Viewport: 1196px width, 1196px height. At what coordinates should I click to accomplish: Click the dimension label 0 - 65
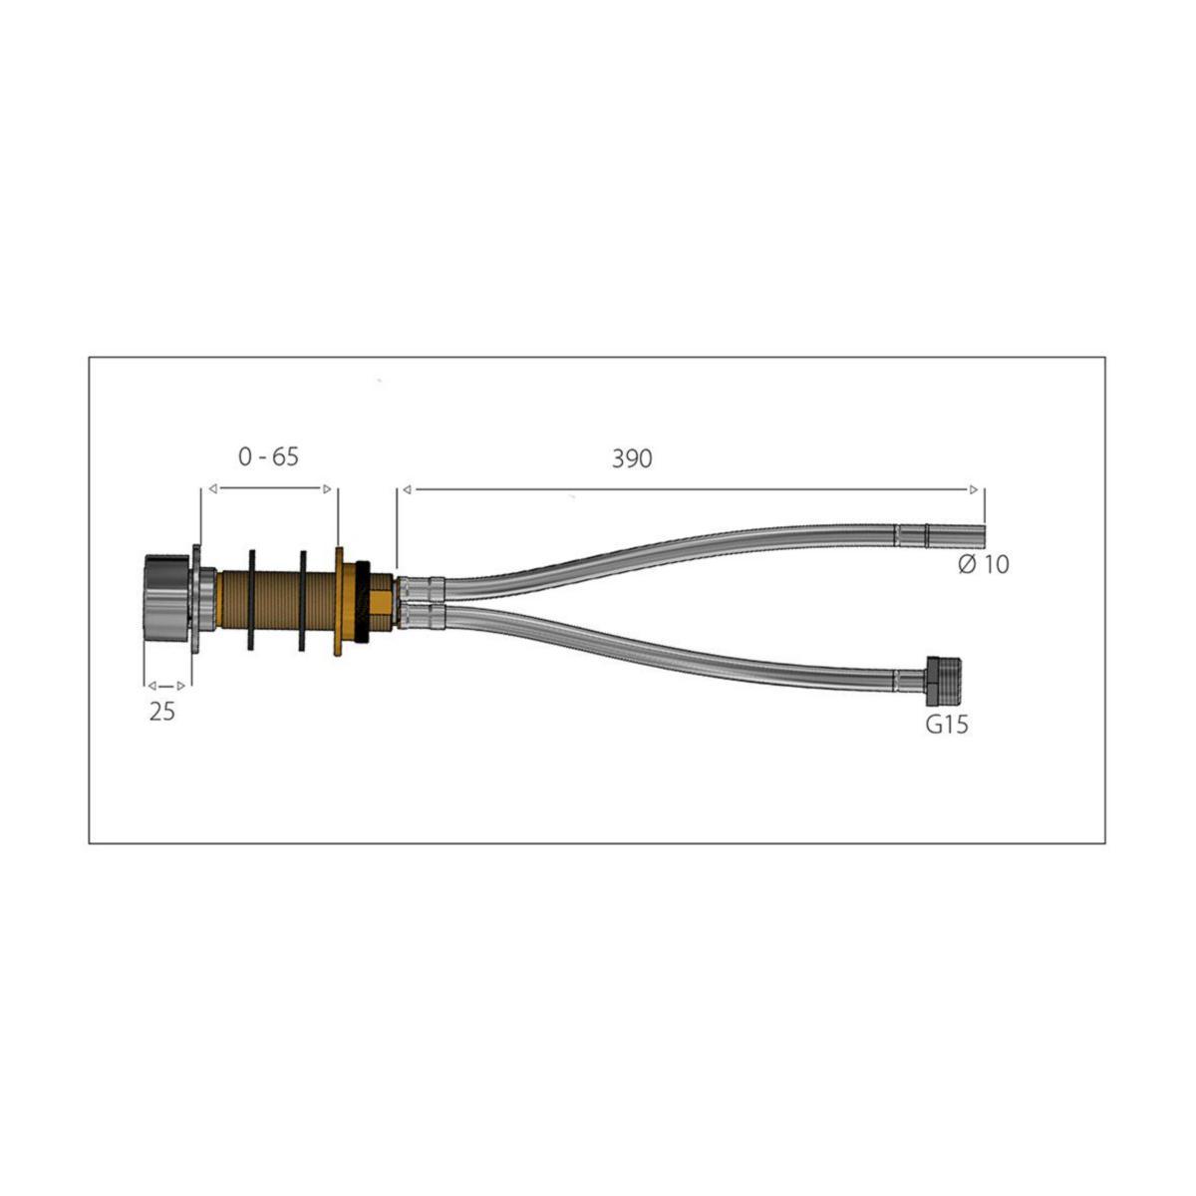[268, 456]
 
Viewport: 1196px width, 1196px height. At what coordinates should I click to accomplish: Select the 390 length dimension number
[632, 458]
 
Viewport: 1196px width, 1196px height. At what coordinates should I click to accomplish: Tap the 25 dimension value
[162, 712]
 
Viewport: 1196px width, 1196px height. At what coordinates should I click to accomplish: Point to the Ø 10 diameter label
[984, 564]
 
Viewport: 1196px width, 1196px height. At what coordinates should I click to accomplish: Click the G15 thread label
[947, 725]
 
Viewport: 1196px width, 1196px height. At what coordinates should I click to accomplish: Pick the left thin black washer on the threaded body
[251, 600]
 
